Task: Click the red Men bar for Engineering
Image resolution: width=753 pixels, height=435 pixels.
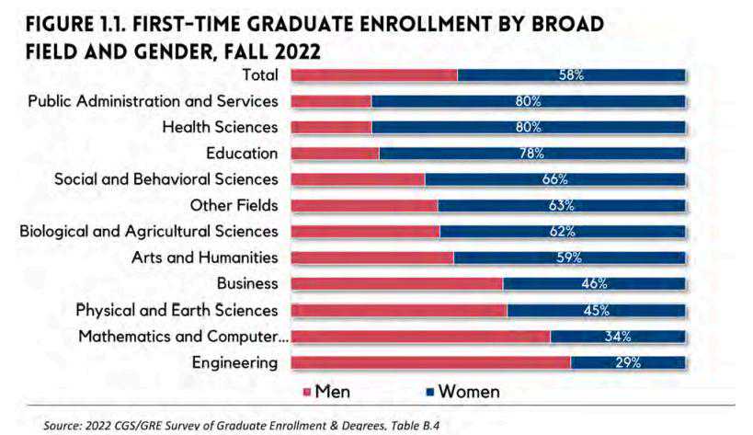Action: [430, 362]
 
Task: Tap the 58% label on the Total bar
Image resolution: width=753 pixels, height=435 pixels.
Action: [571, 74]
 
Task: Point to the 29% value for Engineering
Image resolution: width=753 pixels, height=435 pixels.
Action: [627, 362]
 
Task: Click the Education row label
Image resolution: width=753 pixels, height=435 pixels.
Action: [242, 153]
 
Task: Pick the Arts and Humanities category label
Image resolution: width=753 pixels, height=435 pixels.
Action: [204, 258]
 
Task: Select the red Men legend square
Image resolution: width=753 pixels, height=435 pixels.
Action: [307, 393]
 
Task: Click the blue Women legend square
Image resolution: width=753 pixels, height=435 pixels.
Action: [429, 393]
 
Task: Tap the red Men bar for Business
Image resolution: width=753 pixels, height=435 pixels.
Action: [397, 284]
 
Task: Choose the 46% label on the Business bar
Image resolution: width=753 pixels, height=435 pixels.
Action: [594, 284]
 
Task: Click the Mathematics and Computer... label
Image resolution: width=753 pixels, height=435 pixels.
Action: [183, 337]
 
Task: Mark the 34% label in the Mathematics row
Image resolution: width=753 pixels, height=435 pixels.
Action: [618, 337]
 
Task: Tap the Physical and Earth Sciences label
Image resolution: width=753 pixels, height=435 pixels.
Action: [177, 310]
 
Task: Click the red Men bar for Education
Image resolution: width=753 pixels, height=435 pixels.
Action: [335, 153]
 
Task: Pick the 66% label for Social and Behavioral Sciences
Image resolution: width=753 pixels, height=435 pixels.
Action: [554, 179]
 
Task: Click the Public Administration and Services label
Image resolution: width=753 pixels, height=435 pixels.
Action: [153, 100]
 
